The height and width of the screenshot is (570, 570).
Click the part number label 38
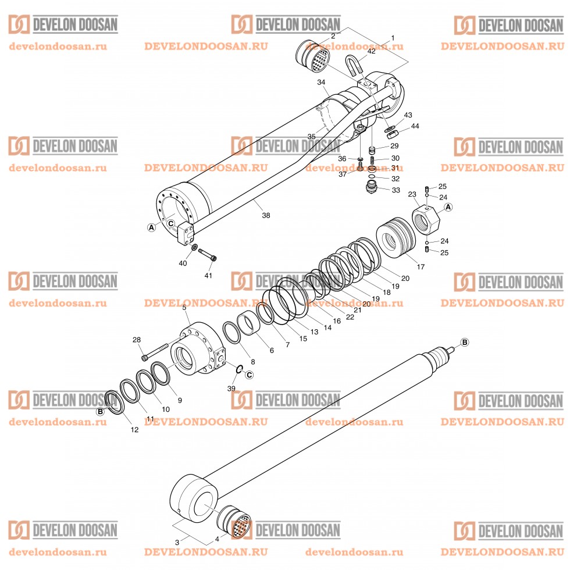266,215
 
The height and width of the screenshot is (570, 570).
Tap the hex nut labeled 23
426,219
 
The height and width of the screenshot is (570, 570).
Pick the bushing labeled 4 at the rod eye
234,522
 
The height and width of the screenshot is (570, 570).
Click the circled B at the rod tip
464,341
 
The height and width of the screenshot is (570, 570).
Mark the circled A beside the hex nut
448,206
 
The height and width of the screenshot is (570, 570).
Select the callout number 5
184,307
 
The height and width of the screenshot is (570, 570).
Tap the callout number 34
320,83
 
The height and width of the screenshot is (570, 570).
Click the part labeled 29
373,150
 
